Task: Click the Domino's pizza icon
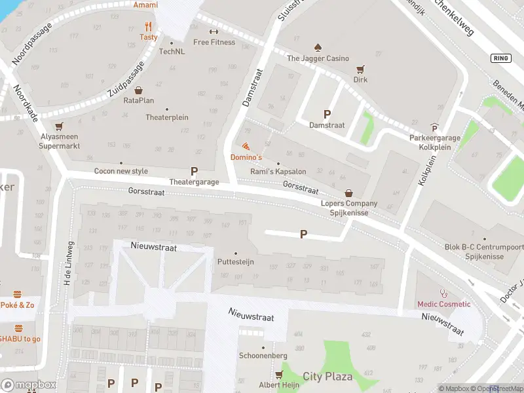click(x=246, y=146)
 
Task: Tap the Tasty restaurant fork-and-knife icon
click(x=148, y=27)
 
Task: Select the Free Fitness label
click(x=214, y=42)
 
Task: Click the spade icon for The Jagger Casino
click(x=318, y=47)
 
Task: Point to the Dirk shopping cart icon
click(x=360, y=69)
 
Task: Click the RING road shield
click(x=500, y=58)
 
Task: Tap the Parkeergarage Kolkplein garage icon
click(x=434, y=128)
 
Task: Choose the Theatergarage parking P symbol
click(x=194, y=171)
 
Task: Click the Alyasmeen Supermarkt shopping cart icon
click(x=60, y=126)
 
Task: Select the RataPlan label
click(x=139, y=100)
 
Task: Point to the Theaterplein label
click(x=167, y=118)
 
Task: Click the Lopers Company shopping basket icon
click(x=348, y=193)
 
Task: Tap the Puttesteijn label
click(x=235, y=262)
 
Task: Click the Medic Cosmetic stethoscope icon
click(x=443, y=293)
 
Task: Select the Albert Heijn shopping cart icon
click(x=280, y=375)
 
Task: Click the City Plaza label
click(x=327, y=377)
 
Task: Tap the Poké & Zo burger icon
click(x=18, y=294)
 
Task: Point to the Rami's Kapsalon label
click(x=278, y=172)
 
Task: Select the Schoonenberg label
click(x=263, y=355)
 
